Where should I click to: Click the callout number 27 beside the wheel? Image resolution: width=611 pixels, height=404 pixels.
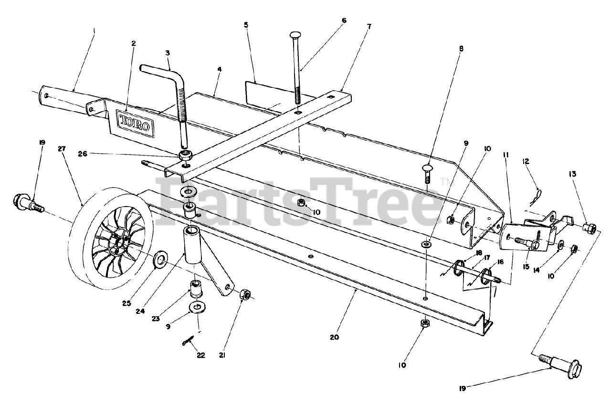click(61, 149)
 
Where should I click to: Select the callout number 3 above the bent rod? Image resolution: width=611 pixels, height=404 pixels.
click(168, 53)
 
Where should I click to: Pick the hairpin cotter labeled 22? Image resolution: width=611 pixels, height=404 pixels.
click(188, 340)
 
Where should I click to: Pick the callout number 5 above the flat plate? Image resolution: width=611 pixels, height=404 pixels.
click(246, 24)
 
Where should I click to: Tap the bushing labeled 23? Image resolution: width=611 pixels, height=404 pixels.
click(196, 288)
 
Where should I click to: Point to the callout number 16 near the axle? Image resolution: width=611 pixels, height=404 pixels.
click(500, 262)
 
